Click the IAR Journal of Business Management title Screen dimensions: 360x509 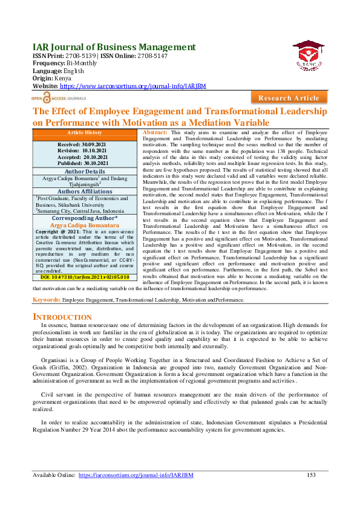coord(114,47)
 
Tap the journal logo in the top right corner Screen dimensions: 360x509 coord(309,54)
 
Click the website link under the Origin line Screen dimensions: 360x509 coord(131,86)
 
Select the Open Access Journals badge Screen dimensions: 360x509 coord(59,97)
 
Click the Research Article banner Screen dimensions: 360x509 coord(289,98)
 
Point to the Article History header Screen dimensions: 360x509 coord(85,132)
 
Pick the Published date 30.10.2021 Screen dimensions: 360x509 coord(85,163)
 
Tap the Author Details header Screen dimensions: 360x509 coord(85,172)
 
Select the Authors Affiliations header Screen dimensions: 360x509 coord(85,192)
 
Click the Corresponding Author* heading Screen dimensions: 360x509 coord(85,218)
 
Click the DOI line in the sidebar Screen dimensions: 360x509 coord(85,277)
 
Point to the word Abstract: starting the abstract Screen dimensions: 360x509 coord(155,132)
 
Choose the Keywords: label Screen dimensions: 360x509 coord(46,300)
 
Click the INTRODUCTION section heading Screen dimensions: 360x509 coord(62,317)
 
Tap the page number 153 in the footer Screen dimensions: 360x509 coord(311,475)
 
